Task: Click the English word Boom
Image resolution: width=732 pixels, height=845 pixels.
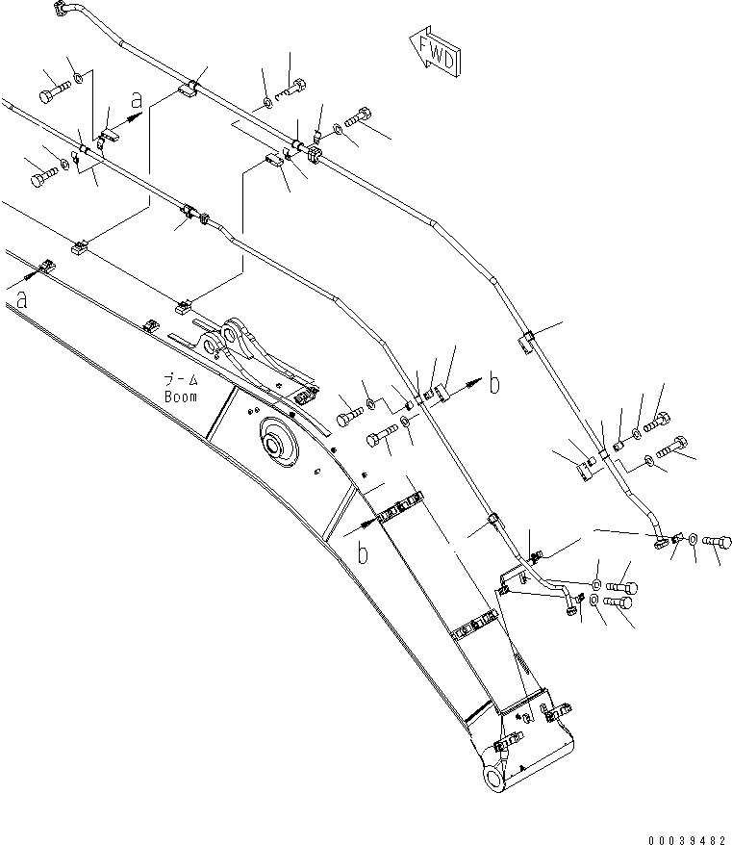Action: click(x=180, y=397)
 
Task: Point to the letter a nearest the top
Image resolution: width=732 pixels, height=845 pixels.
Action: click(x=138, y=99)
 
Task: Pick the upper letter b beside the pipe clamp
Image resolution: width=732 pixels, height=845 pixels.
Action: click(x=493, y=384)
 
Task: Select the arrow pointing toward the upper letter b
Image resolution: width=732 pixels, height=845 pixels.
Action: click(x=469, y=385)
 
